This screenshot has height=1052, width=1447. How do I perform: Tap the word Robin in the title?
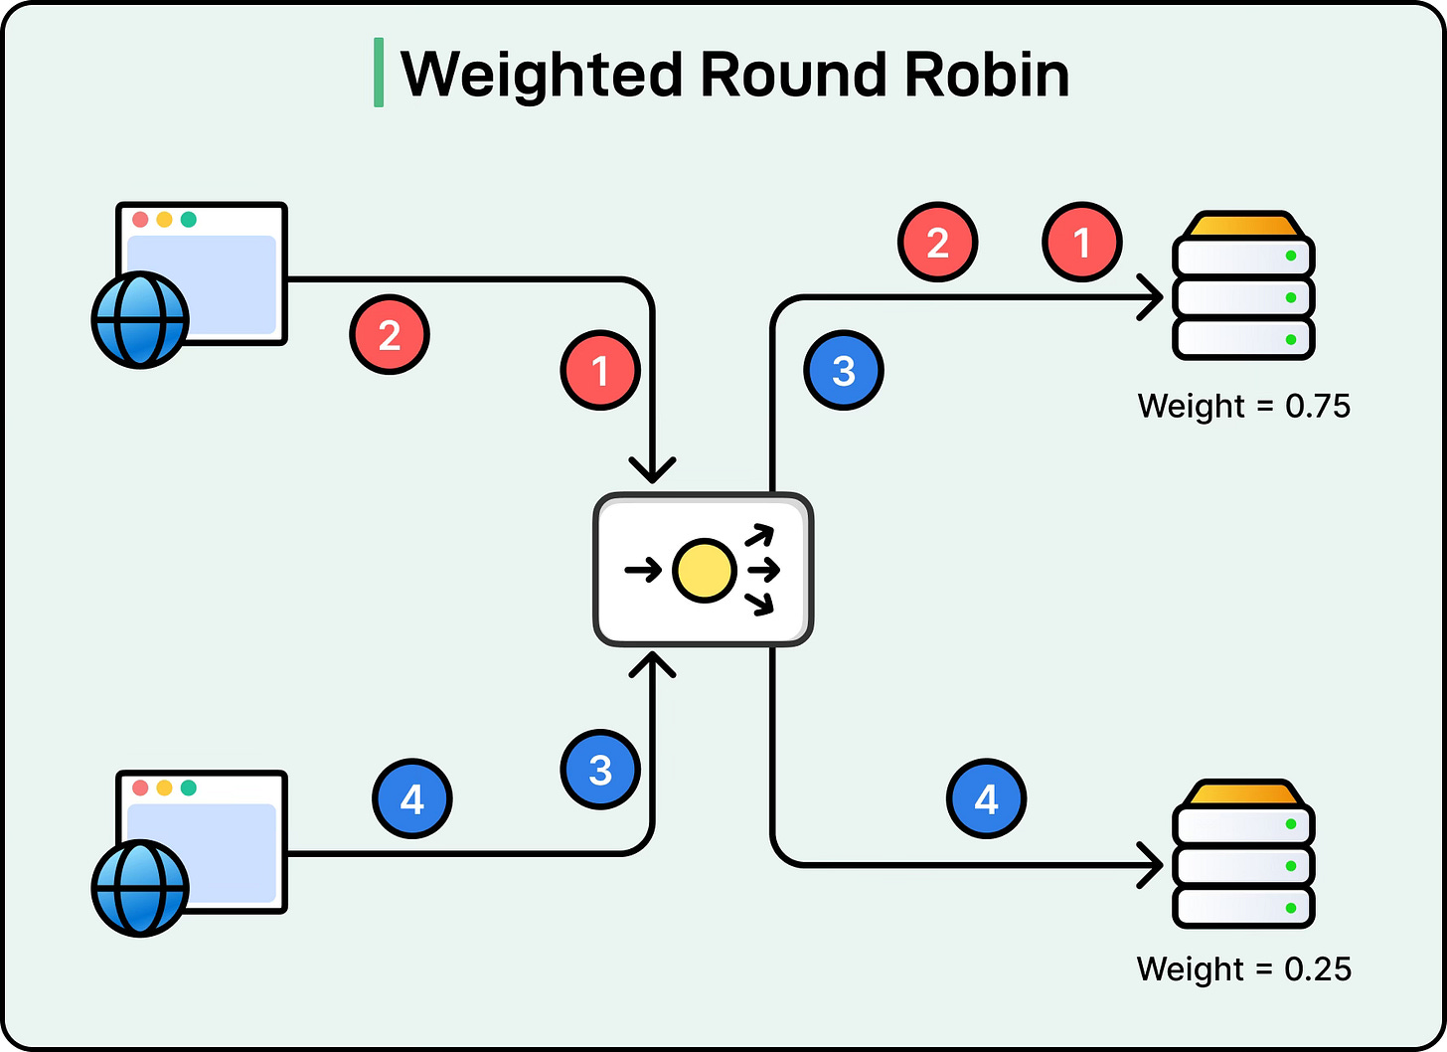click(x=987, y=74)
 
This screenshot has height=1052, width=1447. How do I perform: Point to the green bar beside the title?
click(x=379, y=73)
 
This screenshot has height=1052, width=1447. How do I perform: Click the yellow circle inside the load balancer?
click(x=704, y=571)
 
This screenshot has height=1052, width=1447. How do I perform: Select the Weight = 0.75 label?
click(x=1243, y=406)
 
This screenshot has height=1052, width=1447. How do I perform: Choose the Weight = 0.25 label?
click(x=1243, y=968)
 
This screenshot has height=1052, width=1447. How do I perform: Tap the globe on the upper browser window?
click(x=140, y=320)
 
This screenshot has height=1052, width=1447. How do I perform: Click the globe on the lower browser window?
click(x=140, y=888)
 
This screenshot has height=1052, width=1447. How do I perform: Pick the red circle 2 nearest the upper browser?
click(x=390, y=335)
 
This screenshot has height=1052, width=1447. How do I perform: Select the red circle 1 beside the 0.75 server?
click(x=1082, y=243)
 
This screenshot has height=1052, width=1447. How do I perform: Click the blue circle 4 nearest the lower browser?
click(x=412, y=798)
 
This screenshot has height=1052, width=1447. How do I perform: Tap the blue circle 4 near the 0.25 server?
click(x=987, y=798)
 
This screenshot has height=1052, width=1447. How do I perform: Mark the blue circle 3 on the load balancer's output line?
click(x=844, y=370)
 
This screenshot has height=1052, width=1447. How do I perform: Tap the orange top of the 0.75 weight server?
click(x=1243, y=225)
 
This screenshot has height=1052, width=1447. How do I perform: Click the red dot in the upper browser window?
click(x=140, y=220)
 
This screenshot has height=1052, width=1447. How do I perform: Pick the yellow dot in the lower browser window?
click(x=165, y=788)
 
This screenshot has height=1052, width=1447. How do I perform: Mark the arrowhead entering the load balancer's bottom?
click(x=652, y=664)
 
